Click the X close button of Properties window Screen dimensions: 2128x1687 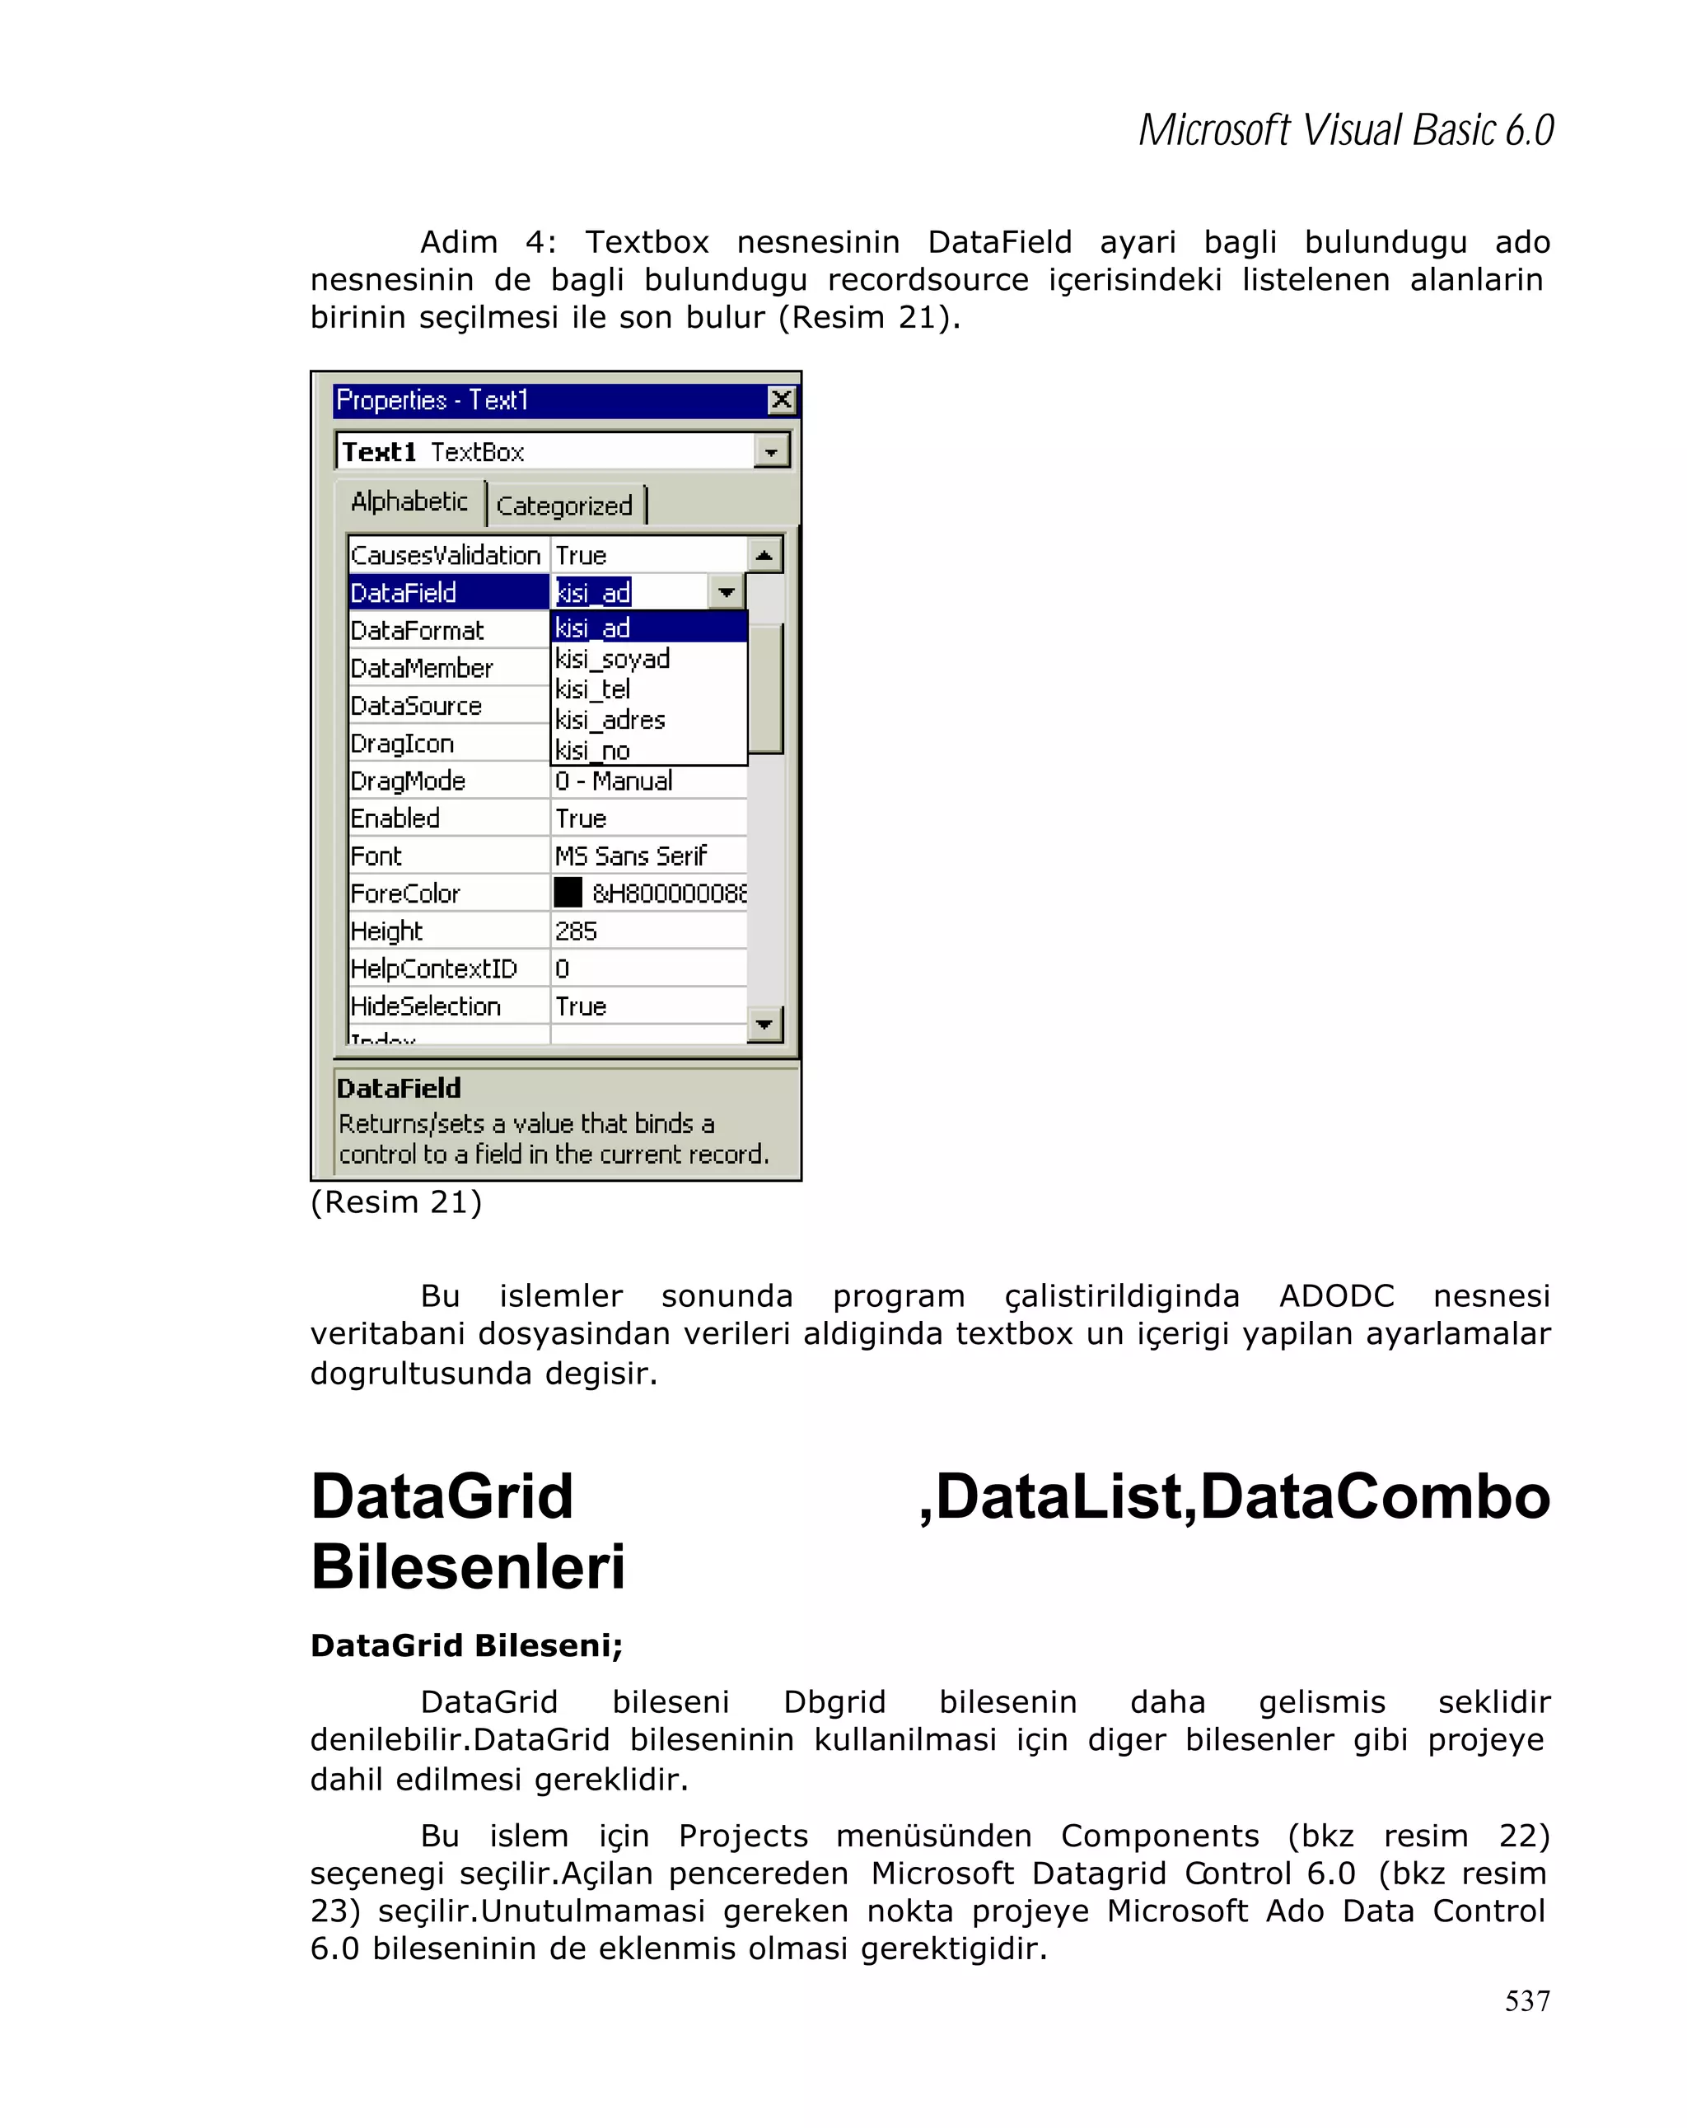781,399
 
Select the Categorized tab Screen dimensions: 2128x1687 563,506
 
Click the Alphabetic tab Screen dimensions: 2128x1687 409,502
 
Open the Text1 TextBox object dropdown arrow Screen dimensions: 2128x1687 771,452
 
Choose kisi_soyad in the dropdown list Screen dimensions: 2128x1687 612,658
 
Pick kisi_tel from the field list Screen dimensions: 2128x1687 592,689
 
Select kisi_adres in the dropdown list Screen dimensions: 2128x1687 610,720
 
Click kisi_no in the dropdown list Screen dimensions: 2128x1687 592,750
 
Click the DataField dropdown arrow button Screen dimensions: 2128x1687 727,592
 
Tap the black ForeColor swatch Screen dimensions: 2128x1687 568,892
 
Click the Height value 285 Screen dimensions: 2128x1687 576,931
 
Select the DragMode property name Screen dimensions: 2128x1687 408,781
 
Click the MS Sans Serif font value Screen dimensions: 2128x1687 631,856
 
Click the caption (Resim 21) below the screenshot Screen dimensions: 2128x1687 396,1202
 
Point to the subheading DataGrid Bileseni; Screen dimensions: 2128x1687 466,1645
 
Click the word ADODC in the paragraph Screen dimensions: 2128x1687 1335,1296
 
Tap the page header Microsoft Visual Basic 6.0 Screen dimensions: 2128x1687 1345,130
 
